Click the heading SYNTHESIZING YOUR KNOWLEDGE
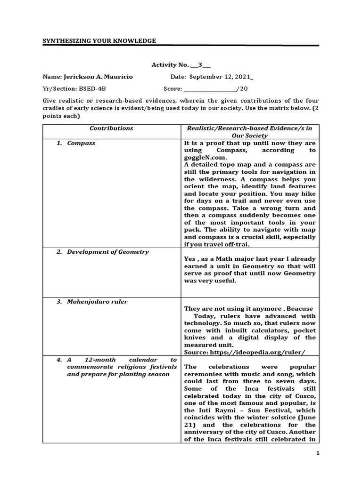pyautogui.click(x=99, y=41)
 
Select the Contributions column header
pyautogui.click(x=111, y=128)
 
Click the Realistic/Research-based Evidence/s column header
pyautogui.click(x=250, y=132)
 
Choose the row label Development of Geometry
pyautogui.click(x=107, y=252)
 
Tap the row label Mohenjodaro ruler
pyautogui.click(x=97, y=302)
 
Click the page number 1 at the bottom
pyautogui.click(x=318, y=453)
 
